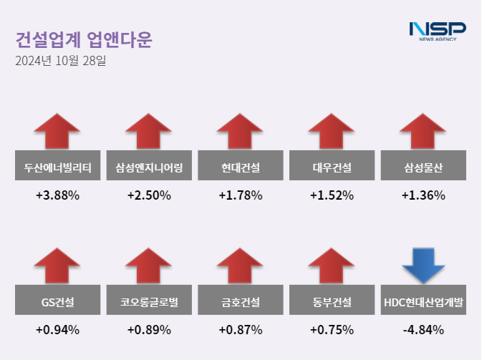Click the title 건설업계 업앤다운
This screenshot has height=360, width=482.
[84, 39]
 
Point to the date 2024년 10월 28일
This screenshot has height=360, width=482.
[61, 62]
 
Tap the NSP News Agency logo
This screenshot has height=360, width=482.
[437, 31]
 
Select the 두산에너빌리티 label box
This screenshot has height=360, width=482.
[57, 168]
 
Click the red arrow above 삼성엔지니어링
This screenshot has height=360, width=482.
[149, 131]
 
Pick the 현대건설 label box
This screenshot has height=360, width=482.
[241, 168]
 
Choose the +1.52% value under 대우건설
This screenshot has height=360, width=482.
[332, 195]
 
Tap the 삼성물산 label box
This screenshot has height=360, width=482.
[423, 168]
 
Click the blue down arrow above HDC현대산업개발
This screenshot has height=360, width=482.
[423, 264]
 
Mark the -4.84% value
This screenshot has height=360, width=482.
[423, 330]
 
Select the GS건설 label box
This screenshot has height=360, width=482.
[57, 303]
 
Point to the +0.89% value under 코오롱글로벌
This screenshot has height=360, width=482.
[149, 330]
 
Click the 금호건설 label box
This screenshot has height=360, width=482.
[241, 303]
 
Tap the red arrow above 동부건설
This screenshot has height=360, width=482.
[332, 264]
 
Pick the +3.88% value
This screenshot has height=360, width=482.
[57, 195]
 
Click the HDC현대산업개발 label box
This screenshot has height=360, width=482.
[423, 303]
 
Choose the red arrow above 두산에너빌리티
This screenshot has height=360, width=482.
[57, 131]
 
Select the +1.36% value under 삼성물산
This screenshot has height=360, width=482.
[423, 195]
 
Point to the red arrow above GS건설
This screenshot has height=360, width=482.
[57, 264]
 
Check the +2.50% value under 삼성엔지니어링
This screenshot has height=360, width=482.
[149, 195]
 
